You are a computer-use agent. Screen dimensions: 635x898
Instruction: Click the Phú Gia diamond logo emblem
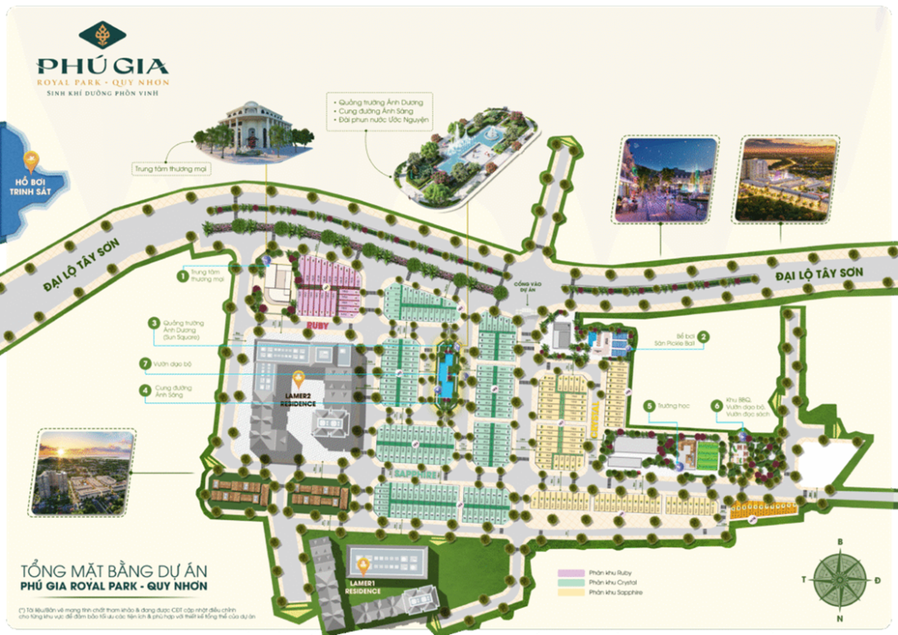[x=103, y=36]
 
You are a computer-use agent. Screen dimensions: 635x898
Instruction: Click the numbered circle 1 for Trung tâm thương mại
[x=182, y=276]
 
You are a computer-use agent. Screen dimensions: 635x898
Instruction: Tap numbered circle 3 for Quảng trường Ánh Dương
[x=153, y=324]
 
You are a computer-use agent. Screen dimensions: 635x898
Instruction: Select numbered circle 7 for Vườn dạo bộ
[x=144, y=362]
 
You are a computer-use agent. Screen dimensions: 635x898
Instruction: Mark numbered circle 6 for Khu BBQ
[x=716, y=406]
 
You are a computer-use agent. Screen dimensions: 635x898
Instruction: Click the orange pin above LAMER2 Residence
[x=299, y=380]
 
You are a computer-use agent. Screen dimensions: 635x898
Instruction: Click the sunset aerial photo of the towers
[x=82, y=473]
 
